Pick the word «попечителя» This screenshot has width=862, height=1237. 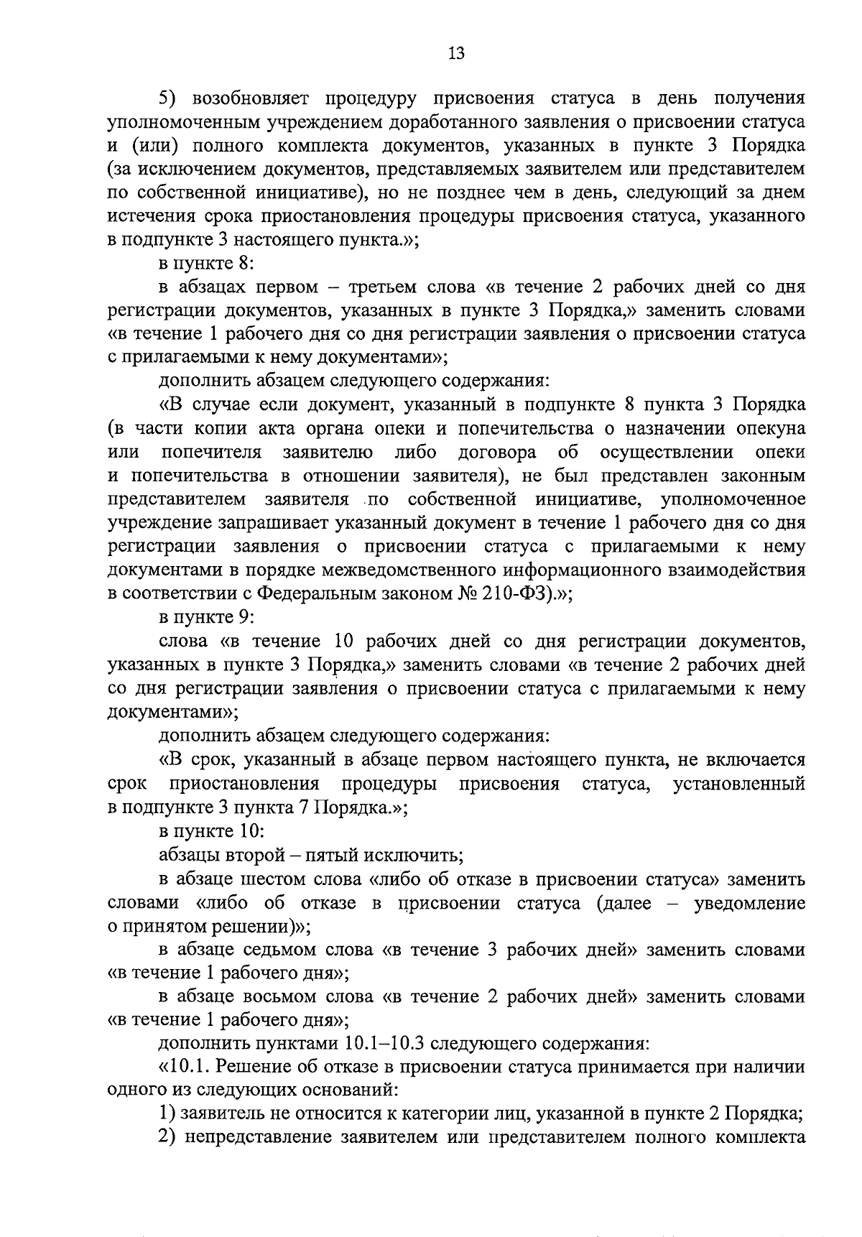pyautogui.click(x=211, y=453)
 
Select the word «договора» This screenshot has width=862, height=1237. pyautogui.click(x=497, y=453)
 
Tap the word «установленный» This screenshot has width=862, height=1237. pyautogui.click(x=739, y=783)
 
